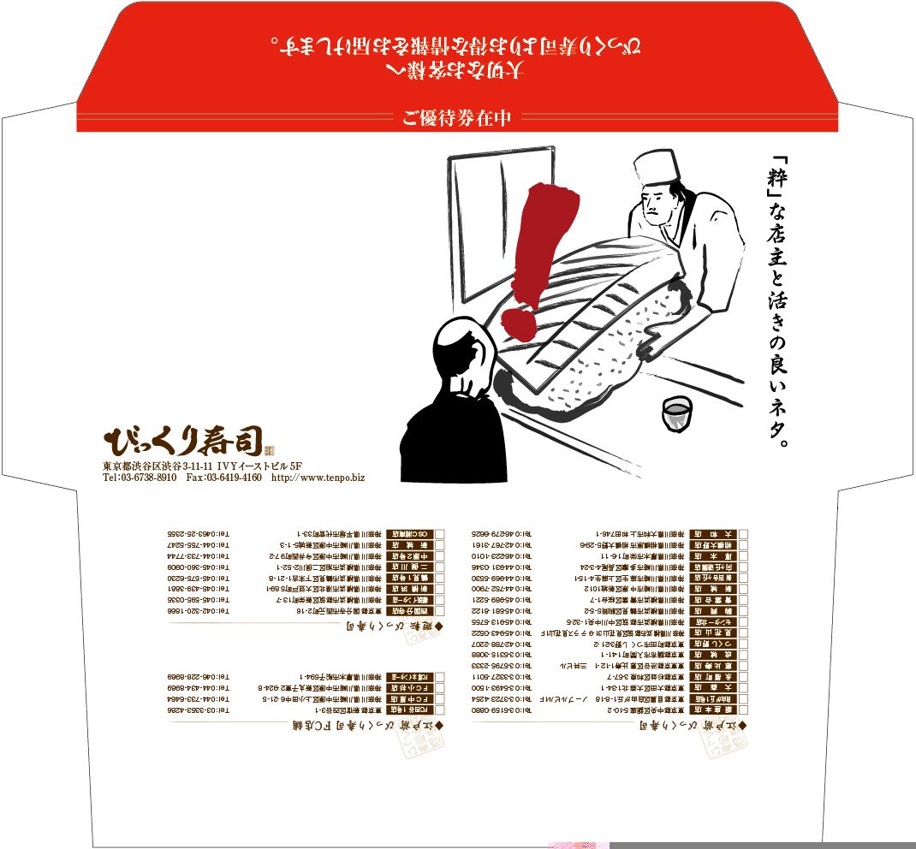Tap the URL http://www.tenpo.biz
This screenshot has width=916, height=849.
click(318, 478)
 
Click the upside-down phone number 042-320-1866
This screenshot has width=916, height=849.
click(199, 612)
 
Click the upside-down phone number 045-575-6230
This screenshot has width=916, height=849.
click(199, 579)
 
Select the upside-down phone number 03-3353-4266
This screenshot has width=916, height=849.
click(199, 710)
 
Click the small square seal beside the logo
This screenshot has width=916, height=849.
click(268, 450)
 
